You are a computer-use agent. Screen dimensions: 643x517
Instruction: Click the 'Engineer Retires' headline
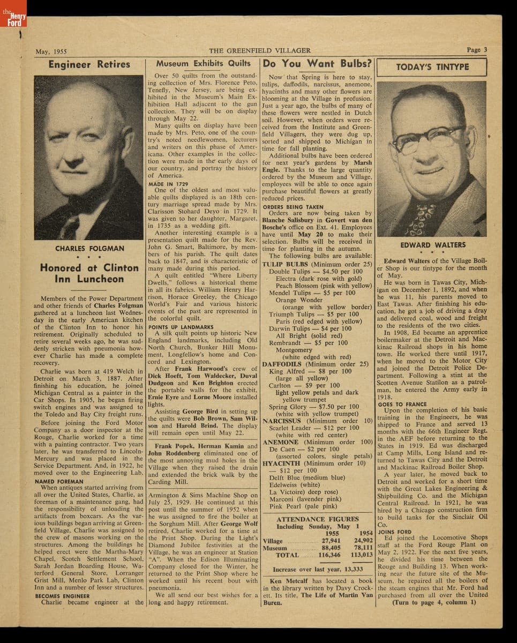[89, 64]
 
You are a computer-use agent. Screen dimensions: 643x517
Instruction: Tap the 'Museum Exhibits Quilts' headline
[203, 63]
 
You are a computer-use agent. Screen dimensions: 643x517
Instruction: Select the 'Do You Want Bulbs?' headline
[318, 63]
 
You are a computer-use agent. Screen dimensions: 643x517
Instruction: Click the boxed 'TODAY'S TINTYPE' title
[432, 67]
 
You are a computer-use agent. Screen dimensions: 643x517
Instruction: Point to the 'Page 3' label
[476, 50]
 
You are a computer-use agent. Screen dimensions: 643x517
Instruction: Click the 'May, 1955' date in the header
[51, 51]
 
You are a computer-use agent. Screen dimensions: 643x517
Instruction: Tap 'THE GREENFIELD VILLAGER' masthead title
[259, 50]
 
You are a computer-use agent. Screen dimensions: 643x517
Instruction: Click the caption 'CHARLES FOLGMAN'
[89, 249]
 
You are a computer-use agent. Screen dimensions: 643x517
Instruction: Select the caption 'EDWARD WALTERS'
[433, 245]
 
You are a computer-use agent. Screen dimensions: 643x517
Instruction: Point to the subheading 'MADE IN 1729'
[168, 183]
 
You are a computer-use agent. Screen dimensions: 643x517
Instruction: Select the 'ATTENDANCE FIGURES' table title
[318, 519]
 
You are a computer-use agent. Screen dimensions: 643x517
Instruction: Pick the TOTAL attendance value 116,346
[329, 555]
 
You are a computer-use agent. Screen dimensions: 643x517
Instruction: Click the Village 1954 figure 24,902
[363, 541]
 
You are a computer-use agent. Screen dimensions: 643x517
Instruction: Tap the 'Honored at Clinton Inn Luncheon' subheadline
[89, 273]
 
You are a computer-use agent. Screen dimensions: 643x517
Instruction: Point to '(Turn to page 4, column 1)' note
[433, 602]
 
